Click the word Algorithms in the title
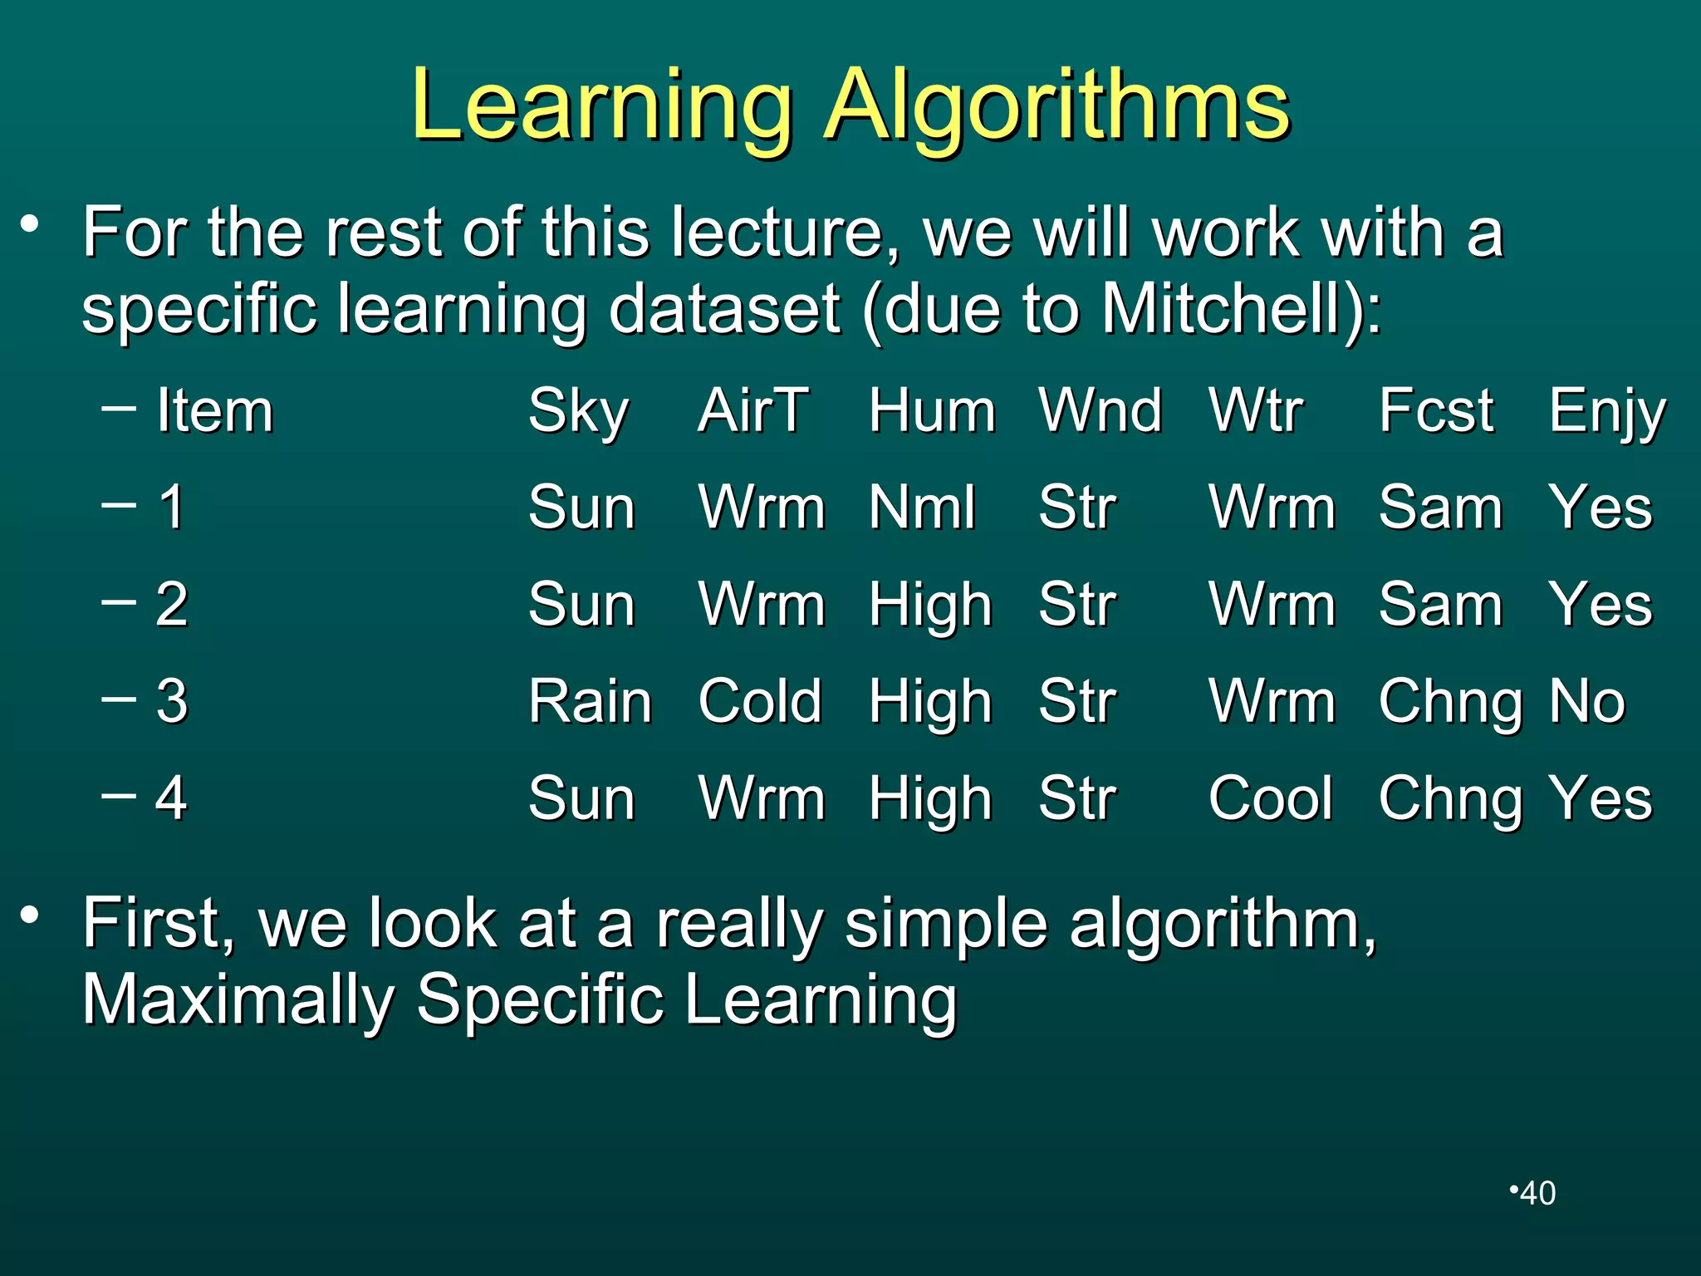tap(1056, 106)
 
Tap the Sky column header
tap(579, 411)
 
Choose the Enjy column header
tap(1607, 412)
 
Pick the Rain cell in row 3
tap(591, 701)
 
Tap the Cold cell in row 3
tap(760, 701)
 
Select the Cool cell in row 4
tap(1271, 798)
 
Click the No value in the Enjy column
tap(1587, 701)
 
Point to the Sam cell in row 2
tap(1441, 604)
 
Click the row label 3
tap(172, 701)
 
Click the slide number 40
tap(1537, 1193)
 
